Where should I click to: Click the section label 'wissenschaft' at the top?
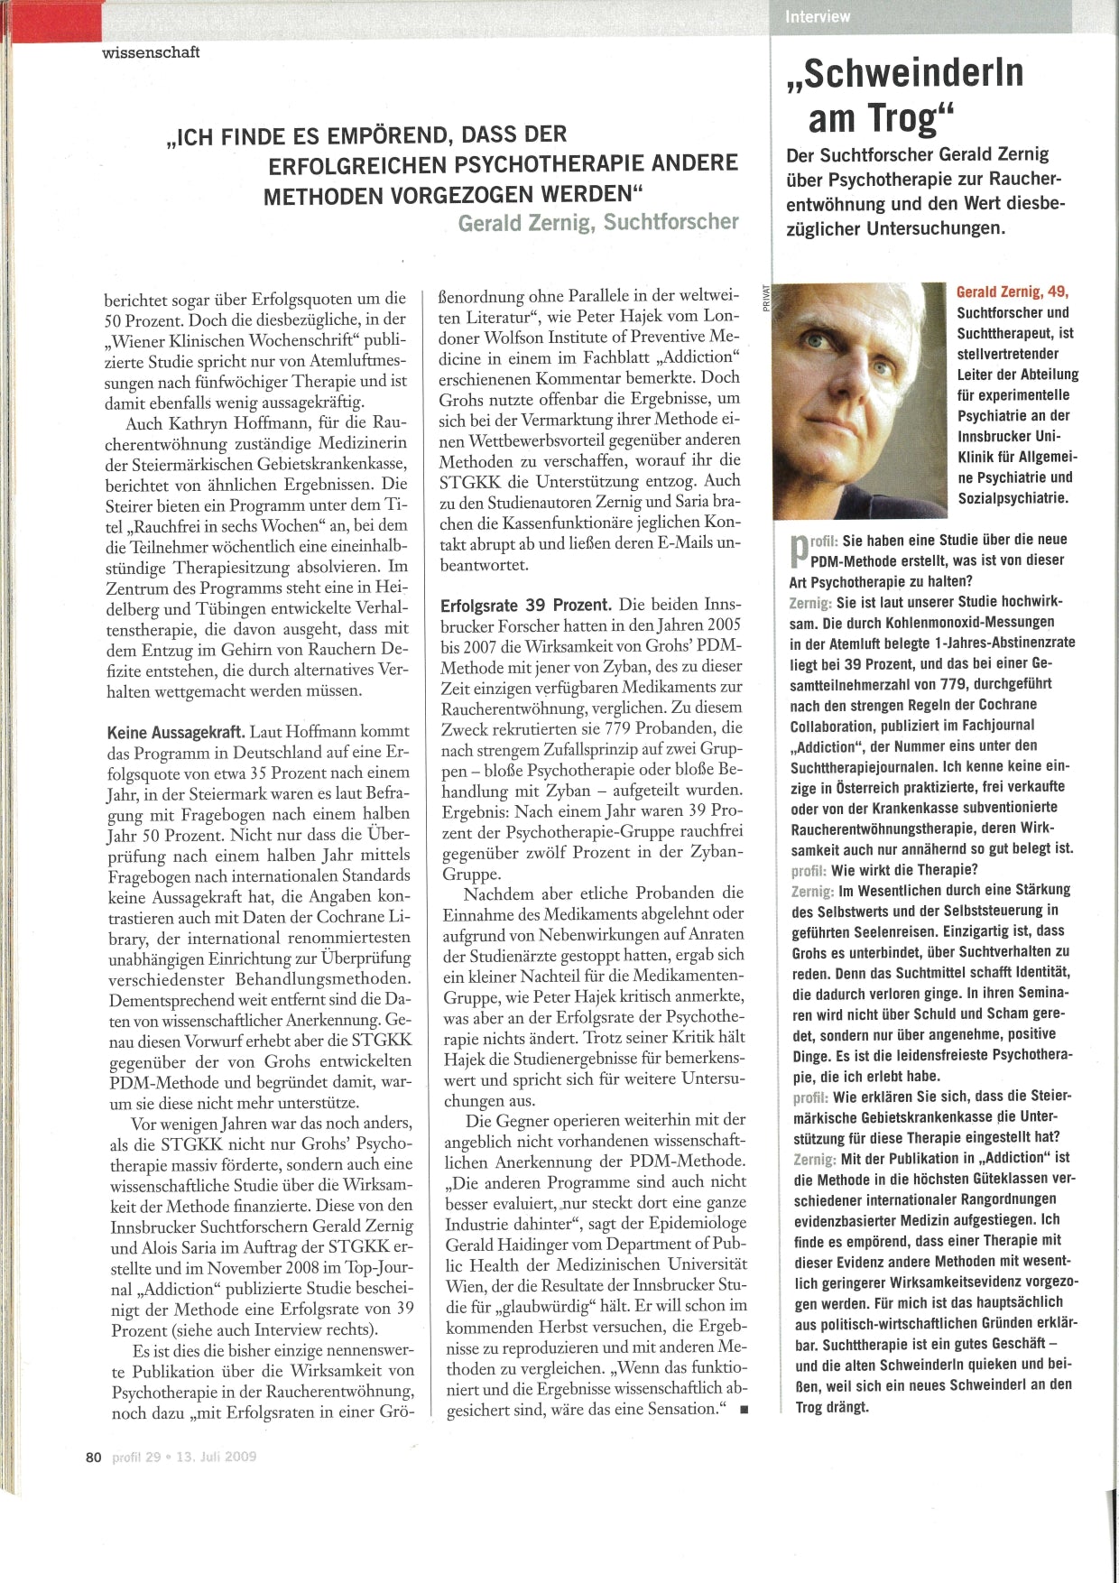[x=151, y=52]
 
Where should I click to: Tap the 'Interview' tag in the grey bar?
[x=818, y=16]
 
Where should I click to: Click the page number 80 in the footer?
[x=93, y=1457]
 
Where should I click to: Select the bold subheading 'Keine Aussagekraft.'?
[x=177, y=732]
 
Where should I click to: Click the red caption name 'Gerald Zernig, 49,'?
[x=1013, y=292]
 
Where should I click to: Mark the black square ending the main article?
[x=743, y=1410]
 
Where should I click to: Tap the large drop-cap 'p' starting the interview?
[x=798, y=550]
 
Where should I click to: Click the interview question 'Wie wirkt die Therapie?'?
[x=904, y=870]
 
